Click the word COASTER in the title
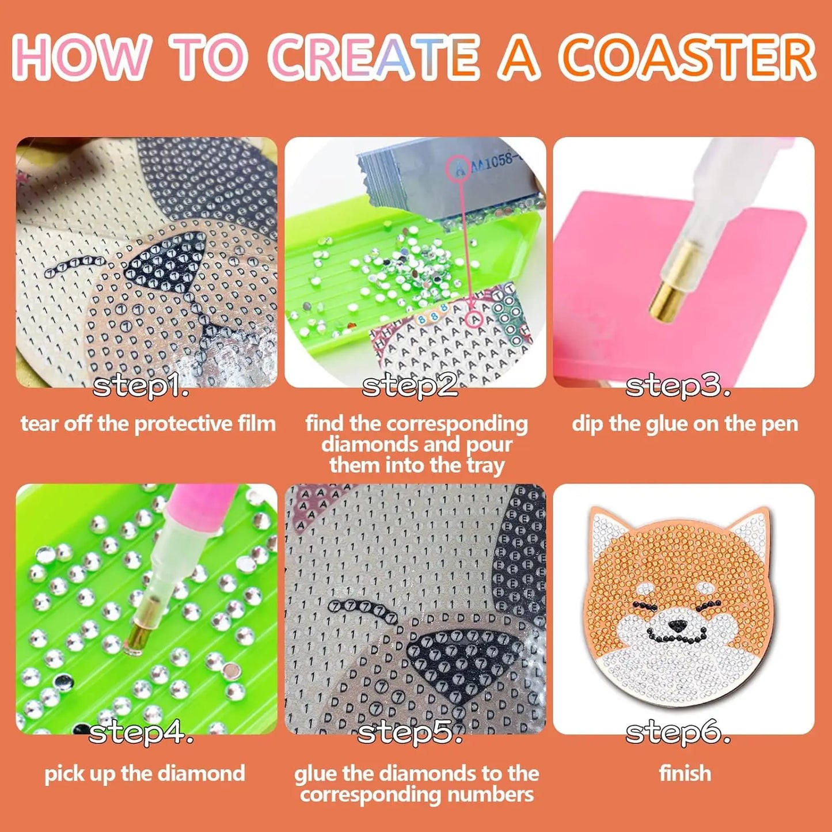tap(688, 58)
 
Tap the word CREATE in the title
tap(374, 58)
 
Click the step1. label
tap(141, 386)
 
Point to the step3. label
tap(678, 386)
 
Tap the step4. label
tap(141, 732)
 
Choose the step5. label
tap(410, 732)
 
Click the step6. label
tap(678, 732)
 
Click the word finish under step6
tap(685, 773)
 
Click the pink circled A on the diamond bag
tap(459, 169)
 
